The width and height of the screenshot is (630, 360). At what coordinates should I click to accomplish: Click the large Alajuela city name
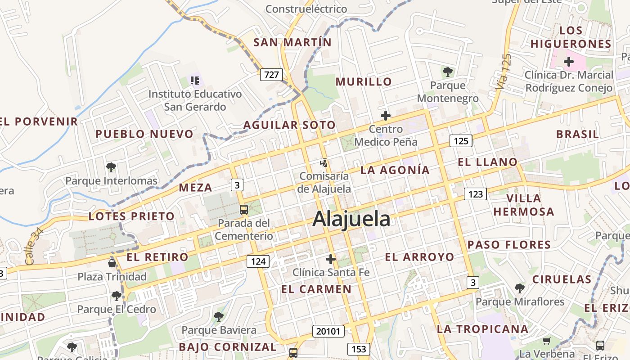(x=351, y=219)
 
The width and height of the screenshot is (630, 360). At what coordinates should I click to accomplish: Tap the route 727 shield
(x=271, y=75)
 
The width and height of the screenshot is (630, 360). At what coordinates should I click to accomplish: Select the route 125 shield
(x=461, y=141)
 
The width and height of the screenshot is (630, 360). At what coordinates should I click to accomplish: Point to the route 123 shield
(x=475, y=194)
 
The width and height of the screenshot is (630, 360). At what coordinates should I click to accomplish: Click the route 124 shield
(x=258, y=261)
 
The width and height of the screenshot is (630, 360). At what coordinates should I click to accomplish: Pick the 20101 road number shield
(x=328, y=331)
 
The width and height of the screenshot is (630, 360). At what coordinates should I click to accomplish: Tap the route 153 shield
(x=359, y=349)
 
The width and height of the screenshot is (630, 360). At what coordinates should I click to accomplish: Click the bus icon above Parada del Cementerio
(x=244, y=210)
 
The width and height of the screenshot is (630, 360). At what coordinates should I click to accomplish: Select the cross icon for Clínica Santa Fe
(x=331, y=259)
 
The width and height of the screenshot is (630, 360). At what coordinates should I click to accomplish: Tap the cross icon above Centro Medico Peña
(x=386, y=116)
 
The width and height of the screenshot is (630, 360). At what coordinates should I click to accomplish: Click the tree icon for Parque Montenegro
(x=448, y=72)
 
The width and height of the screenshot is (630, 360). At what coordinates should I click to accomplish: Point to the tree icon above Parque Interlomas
(x=111, y=167)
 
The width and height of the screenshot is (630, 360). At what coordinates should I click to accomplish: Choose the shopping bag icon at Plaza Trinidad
(x=112, y=263)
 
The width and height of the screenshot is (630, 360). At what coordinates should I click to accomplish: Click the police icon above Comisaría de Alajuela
(x=324, y=162)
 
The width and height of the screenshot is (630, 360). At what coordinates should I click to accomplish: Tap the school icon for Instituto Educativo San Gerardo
(x=195, y=81)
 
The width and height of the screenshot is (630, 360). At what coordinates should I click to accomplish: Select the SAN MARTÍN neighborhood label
(x=292, y=43)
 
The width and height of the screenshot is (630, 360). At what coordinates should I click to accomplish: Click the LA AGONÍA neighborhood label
(x=395, y=170)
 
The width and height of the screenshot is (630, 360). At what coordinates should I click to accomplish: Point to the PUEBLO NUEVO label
(x=144, y=134)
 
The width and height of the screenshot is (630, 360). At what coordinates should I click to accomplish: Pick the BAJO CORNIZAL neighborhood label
(x=228, y=347)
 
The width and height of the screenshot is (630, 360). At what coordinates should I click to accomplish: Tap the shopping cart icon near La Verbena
(x=547, y=341)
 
